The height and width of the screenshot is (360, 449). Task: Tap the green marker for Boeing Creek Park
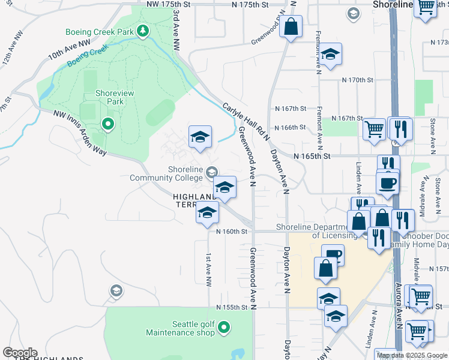pos(143,30)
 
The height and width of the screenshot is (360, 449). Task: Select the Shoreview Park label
pos(109,97)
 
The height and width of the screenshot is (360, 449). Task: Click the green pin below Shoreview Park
pos(108,124)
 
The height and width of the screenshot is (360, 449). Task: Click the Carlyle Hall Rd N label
pos(246,120)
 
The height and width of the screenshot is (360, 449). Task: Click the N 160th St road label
pos(231,231)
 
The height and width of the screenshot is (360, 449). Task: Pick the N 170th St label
pos(357,80)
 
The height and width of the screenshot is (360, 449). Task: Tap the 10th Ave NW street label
pos(69,49)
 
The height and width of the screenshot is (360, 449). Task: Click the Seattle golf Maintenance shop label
pos(193,328)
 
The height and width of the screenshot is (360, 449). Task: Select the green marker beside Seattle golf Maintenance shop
pos(224,328)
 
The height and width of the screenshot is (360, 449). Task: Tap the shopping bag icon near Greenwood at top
pos(291,27)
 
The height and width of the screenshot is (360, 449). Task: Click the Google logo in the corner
pos(20,353)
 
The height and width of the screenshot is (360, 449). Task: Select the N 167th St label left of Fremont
pos(291,109)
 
